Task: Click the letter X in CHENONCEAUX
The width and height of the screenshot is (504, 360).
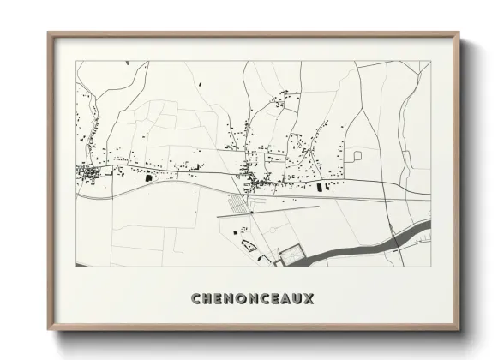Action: pos(309,299)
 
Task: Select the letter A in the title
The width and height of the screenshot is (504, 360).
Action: pos(285,299)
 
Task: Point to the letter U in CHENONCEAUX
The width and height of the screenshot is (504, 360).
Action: pos(297,299)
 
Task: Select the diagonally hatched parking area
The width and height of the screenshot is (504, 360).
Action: pos(238,203)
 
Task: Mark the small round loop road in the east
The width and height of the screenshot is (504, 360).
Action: pos(357,155)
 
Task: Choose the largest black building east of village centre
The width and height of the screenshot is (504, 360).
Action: pos(322,186)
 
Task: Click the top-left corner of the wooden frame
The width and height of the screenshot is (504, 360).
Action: pos(49,34)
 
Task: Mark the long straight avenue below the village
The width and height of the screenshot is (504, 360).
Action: pos(283,207)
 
